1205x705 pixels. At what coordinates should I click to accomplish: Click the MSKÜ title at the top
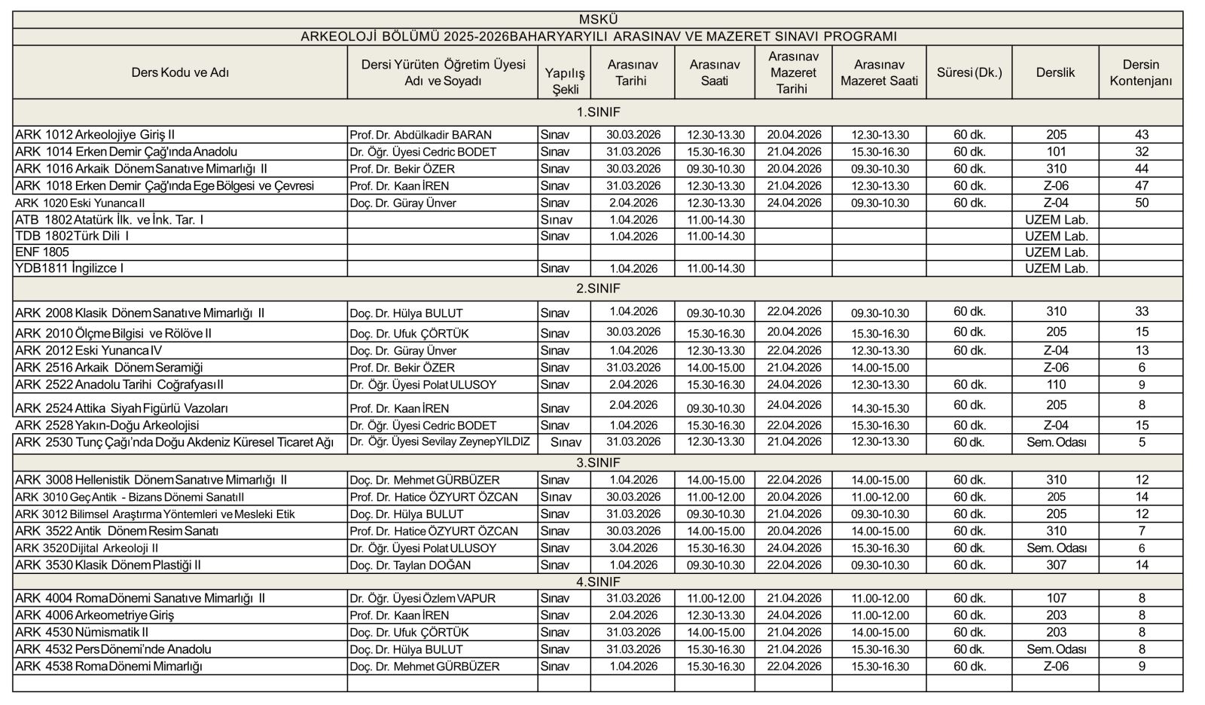[598, 20]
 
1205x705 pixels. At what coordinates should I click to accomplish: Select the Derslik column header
[1055, 72]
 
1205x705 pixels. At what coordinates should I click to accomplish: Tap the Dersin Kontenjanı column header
[1140, 72]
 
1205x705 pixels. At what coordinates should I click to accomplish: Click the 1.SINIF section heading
[598, 112]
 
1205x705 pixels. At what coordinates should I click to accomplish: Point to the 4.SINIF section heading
[598, 581]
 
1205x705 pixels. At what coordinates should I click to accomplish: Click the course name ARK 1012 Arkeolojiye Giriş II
[95, 135]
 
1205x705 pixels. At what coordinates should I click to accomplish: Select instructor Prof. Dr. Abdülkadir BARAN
[420, 135]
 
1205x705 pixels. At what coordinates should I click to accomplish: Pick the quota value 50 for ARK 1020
[1141, 203]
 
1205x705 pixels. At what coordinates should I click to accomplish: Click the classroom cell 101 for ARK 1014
[1056, 151]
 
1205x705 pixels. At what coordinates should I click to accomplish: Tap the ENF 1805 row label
[42, 252]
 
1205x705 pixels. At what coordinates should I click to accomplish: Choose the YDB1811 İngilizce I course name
[69, 268]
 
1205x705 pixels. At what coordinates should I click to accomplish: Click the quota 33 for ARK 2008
[1141, 312]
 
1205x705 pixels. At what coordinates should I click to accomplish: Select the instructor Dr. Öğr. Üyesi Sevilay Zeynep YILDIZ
[440, 442]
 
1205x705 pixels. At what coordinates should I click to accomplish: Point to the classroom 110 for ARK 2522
[1056, 385]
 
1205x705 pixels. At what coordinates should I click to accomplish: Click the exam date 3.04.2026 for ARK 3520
[632, 548]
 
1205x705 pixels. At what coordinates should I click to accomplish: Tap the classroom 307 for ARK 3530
[1056, 565]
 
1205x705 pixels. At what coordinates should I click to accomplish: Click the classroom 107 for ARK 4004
[1056, 598]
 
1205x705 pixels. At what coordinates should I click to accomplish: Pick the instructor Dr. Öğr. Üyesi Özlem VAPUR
[423, 598]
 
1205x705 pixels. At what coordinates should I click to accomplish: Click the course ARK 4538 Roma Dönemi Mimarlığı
[108, 666]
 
